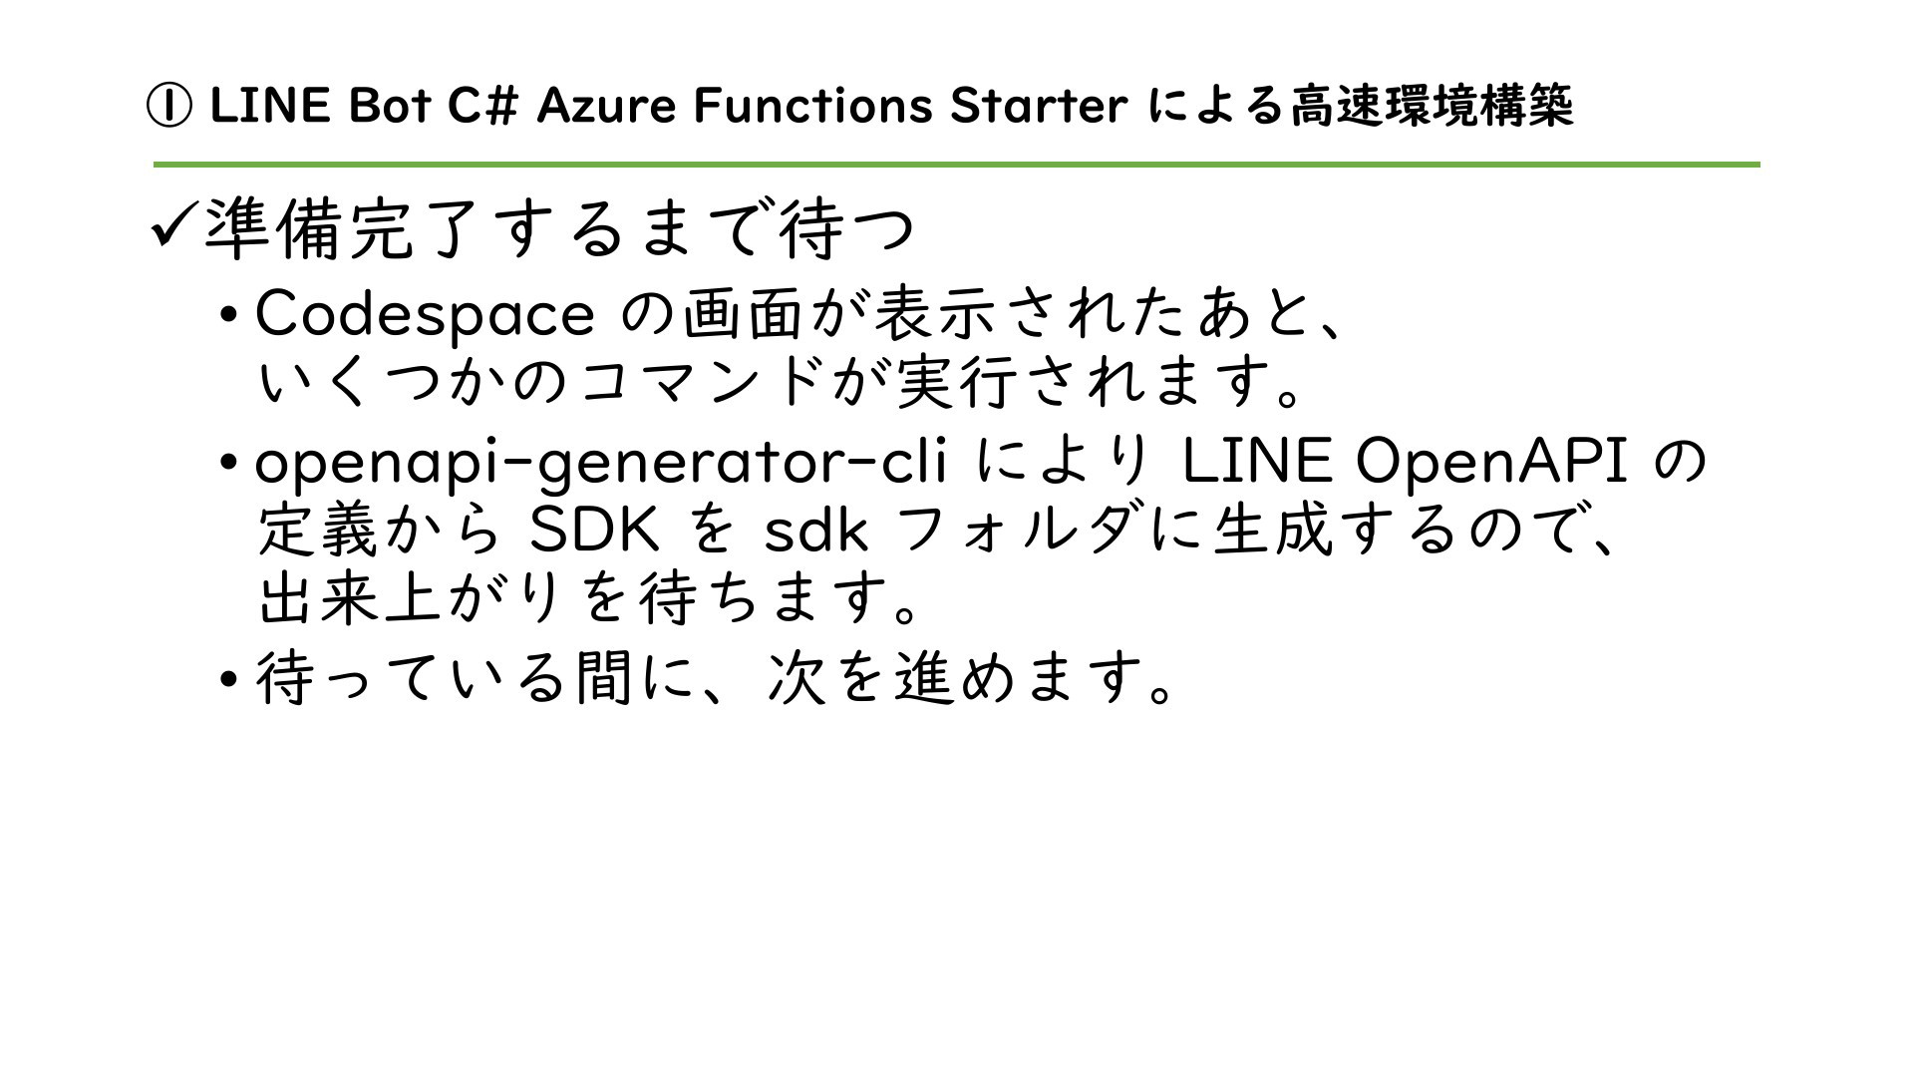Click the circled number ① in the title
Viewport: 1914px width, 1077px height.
click(x=168, y=107)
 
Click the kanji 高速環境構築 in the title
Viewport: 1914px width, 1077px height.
click(x=1432, y=107)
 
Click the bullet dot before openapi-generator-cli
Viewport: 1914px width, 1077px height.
click(x=229, y=463)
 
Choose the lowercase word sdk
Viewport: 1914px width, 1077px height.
click(x=815, y=532)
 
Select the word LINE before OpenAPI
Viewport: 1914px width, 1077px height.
click(x=1257, y=462)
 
